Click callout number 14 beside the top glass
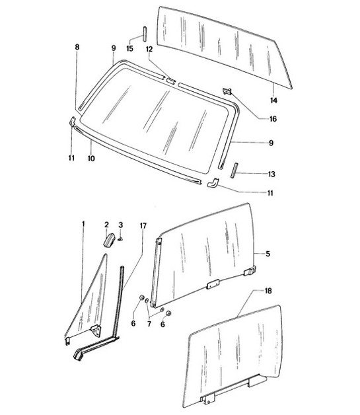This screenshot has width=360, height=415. [274, 100]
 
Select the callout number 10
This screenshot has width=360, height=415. [91, 159]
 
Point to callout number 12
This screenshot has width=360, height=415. [149, 49]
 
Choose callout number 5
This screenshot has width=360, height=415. [268, 252]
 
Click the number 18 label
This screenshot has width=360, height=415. [268, 291]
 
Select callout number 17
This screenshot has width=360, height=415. [143, 225]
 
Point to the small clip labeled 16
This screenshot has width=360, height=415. [229, 93]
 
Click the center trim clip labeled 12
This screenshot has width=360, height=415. [170, 81]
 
